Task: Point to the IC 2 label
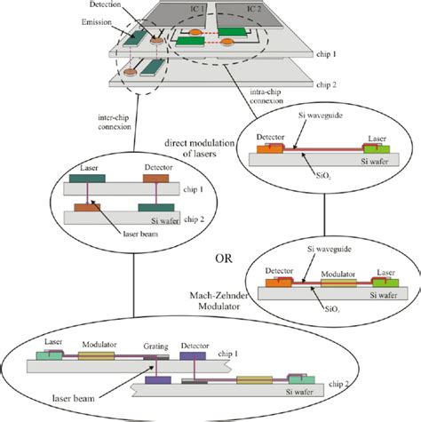(250, 8)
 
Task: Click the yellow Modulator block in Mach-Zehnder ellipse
(330, 286)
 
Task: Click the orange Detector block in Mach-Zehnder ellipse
(281, 286)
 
